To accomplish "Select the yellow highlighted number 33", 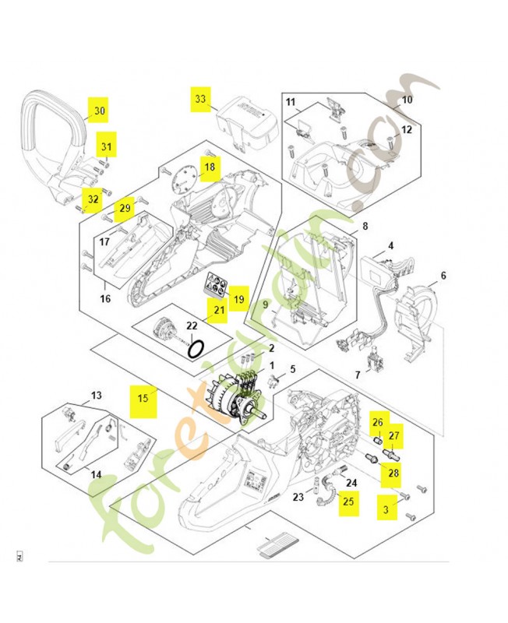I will pos(201,100).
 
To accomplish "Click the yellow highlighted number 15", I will pos(143,396).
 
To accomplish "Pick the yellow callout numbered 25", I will pos(348,502).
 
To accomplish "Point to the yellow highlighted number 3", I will pos(385,510).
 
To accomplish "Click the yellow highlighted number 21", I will pos(218,312).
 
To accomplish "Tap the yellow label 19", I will pos(238,298).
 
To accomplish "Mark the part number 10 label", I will pos(407,100).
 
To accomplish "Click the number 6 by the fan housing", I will pos(443,275).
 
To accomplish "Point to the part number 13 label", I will pos(97,396).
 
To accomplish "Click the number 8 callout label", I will pos(365,227).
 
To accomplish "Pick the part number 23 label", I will pos(298,497).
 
